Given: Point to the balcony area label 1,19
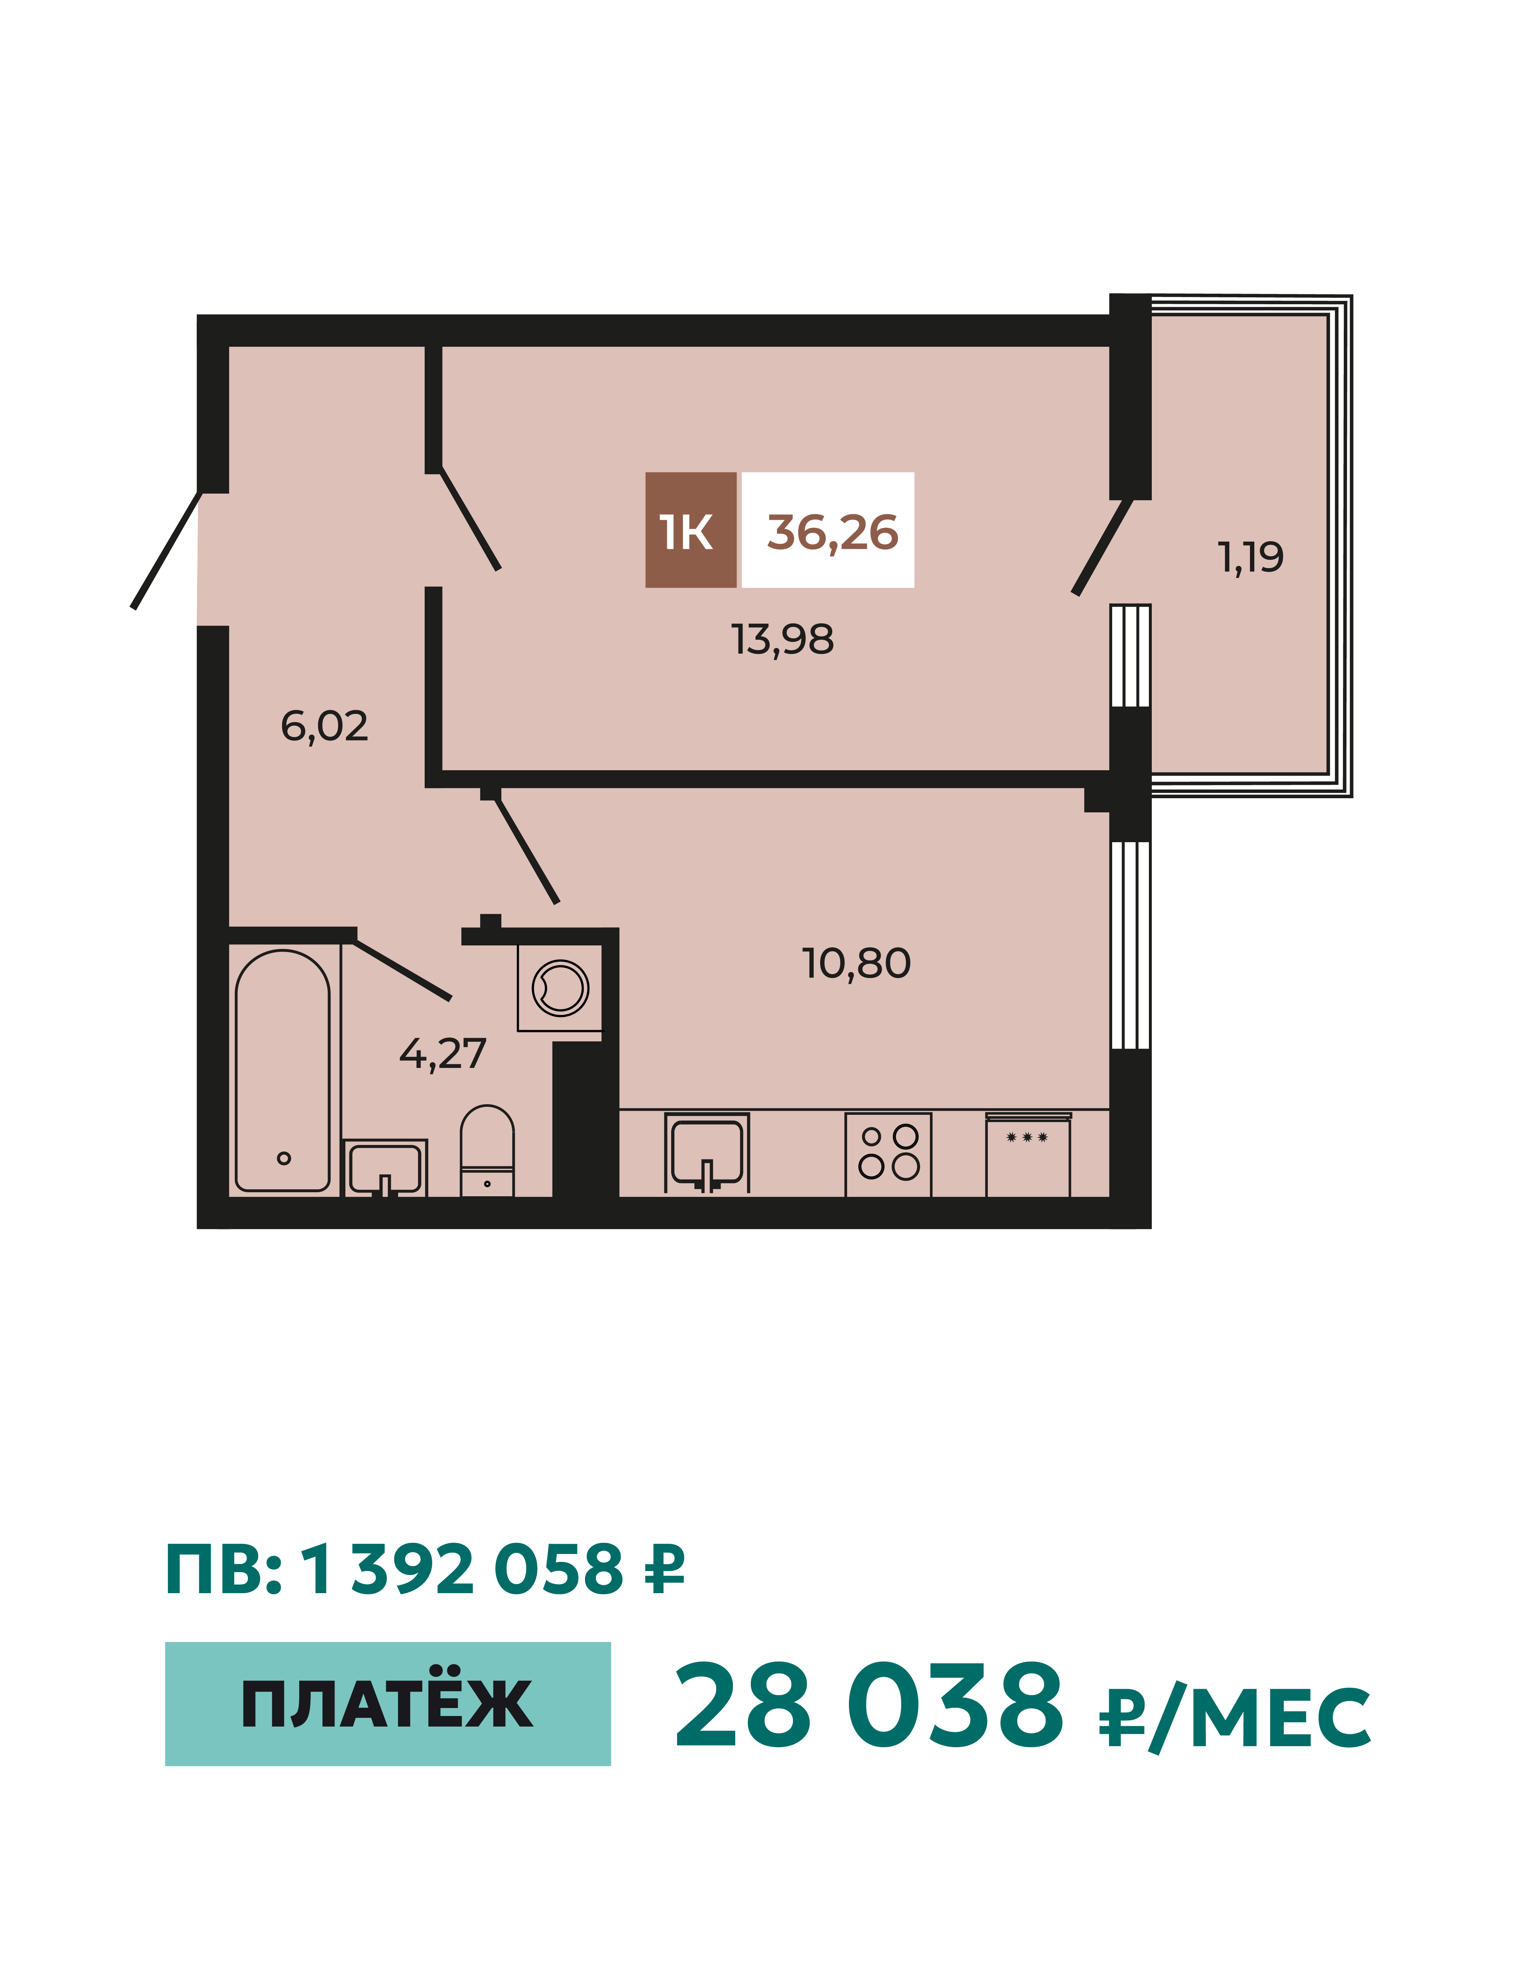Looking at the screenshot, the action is pos(1251,557).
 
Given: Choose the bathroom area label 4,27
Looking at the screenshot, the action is pos(443,1053).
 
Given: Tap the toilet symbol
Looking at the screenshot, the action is pos(487,1151).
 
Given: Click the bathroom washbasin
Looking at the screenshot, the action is pos(385,1168).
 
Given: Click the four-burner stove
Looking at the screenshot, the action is pos(888,1155).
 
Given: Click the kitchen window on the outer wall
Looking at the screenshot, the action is pos(1130,945).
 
